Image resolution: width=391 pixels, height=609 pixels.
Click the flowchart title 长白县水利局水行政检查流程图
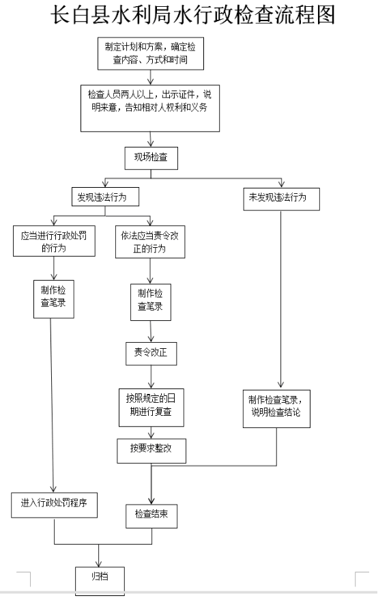pyautogui.click(x=193, y=16)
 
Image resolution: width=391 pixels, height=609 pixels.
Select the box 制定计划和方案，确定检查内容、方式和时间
pyautogui.click(x=151, y=54)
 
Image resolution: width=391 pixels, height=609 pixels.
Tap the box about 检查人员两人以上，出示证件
pyautogui.click(x=150, y=109)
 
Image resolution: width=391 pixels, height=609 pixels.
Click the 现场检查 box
pyautogui.click(x=151, y=158)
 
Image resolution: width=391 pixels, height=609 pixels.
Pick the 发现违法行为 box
pyautogui.click(x=105, y=197)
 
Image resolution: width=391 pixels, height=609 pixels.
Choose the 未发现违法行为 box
pyautogui.click(x=282, y=199)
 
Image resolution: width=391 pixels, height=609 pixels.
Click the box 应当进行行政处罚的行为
pyautogui.click(x=54, y=241)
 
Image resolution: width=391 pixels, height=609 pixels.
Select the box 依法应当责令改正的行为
pyautogui.click(x=150, y=242)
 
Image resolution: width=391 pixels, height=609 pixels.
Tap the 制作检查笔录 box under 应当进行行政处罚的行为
pyautogui.click(x=54, y=299)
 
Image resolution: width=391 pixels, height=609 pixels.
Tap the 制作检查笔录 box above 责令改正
pyautogui.click(x=151, y=302)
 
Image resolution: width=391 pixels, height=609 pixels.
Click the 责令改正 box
pyautogui.click(x=151, y=354)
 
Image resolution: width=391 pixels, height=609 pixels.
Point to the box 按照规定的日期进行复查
pyautogui.click(x=151, y=408)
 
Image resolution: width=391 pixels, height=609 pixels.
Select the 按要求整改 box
pyautogui.click(x=151, y=451)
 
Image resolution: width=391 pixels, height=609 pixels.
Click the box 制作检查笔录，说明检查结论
pyautogui.click(x=276, y=409)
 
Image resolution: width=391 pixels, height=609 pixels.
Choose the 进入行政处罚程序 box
pyautogui.click(x=54, y=505)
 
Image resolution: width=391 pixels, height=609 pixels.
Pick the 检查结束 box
pyautogui.click(x=151, y=516)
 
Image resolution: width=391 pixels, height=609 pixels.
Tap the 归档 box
pyautogui.click(x=100, y=581)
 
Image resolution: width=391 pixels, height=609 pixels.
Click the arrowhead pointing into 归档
pyautogui.click(x=99, y=564)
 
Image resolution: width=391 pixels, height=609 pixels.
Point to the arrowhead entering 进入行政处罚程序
pyautogui.click(x=54, y=489)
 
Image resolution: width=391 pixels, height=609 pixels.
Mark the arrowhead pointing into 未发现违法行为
pyautogui.click(x=282, y=184)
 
